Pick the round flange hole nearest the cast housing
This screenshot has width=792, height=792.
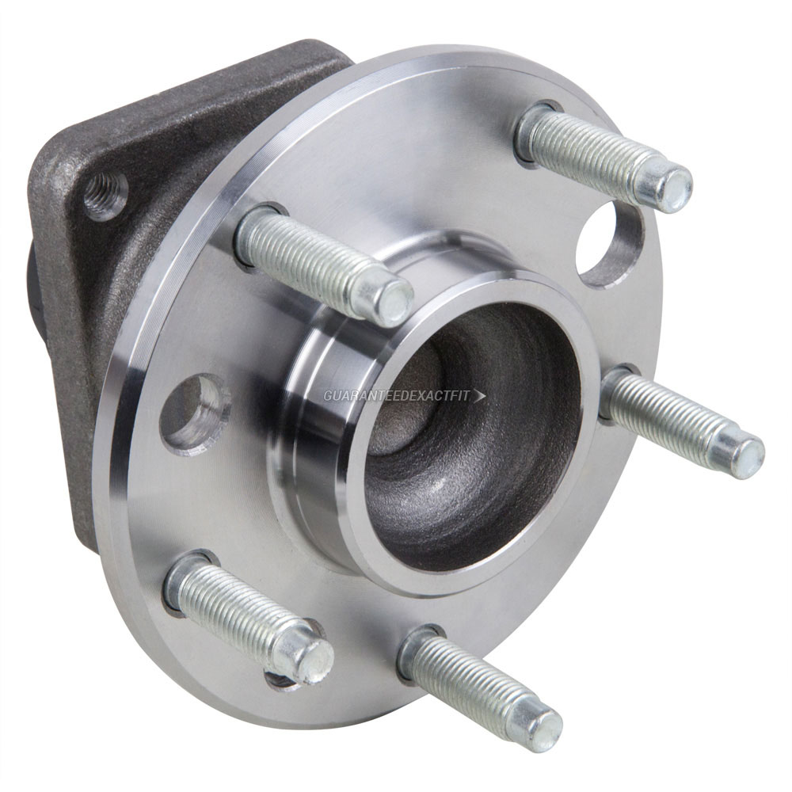194,413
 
